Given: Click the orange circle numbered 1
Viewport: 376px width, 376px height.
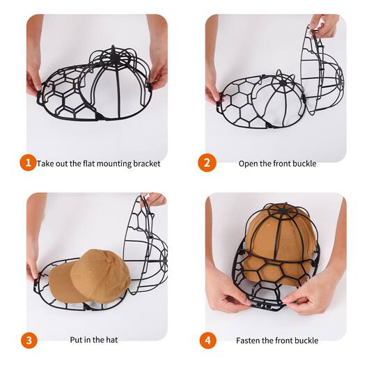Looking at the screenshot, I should click(27, 163).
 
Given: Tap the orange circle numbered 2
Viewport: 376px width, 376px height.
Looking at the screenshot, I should click(207, 163).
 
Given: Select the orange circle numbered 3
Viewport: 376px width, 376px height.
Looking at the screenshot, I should click(27, 340).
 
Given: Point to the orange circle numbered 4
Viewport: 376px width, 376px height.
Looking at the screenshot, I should click(207, 340).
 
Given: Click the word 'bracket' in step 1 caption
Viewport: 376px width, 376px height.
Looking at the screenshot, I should click(146, 164).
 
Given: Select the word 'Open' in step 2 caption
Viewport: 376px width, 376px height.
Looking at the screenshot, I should click(249, 164).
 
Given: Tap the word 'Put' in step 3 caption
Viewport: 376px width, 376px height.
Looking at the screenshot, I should click(77, 340).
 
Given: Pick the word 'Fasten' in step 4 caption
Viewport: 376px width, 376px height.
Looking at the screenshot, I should click(250, 340).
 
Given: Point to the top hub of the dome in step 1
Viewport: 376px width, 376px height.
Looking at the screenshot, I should click(113, 54).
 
